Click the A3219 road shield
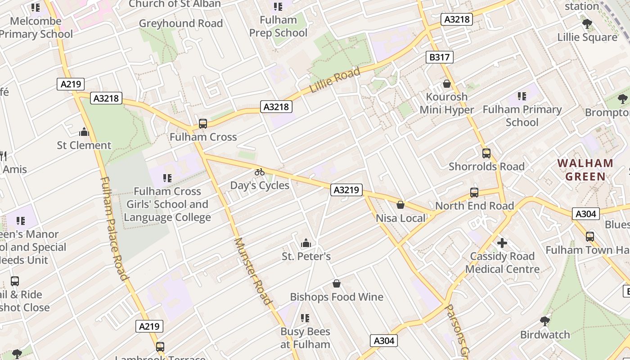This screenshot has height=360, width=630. [x=346, y=190]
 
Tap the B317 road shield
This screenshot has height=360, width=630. [x=439, y=57]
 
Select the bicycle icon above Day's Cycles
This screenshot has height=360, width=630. [x=260, y=172]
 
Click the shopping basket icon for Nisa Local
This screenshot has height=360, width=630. [x=400, y=205]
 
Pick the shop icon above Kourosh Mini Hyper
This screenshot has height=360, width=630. [x=447, y=84]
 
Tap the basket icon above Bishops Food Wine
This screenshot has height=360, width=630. [x=336, y=283]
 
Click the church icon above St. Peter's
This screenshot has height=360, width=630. [x=306, y=243]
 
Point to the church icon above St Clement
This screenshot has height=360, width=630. [x=84, y=132]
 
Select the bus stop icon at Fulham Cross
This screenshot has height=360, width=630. [x=203, y=124]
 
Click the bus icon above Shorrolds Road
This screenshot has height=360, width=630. [x=486, y=153]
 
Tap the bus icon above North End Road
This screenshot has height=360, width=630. [x=474, y=193]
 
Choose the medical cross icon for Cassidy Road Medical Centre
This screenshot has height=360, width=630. [x=502, y=243]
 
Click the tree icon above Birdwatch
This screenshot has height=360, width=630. [x=545, y=321]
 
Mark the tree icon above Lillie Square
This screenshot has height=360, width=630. [x=587, y=23]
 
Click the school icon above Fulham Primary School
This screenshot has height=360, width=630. [x=522, y=96]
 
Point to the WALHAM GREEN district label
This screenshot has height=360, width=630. [x=585, y=170]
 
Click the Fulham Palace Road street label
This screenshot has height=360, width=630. [x=114, y=228]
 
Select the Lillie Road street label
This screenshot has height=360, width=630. [x=335, y=80]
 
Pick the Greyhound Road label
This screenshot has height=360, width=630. [x=181, y=23]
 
